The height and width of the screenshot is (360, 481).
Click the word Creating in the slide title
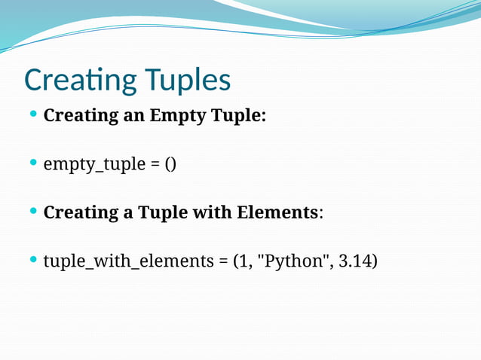(72, 80)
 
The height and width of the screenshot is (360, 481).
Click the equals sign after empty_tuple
(150, 163)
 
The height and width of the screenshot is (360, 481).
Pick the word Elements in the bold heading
(277, 212)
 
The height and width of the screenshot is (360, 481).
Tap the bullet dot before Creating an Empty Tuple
(32, 115)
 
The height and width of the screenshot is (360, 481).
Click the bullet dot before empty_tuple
(32, 163)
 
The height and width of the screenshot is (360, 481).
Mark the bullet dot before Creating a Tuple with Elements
(32, 211)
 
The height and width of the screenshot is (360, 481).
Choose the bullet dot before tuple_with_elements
(32, 259)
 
